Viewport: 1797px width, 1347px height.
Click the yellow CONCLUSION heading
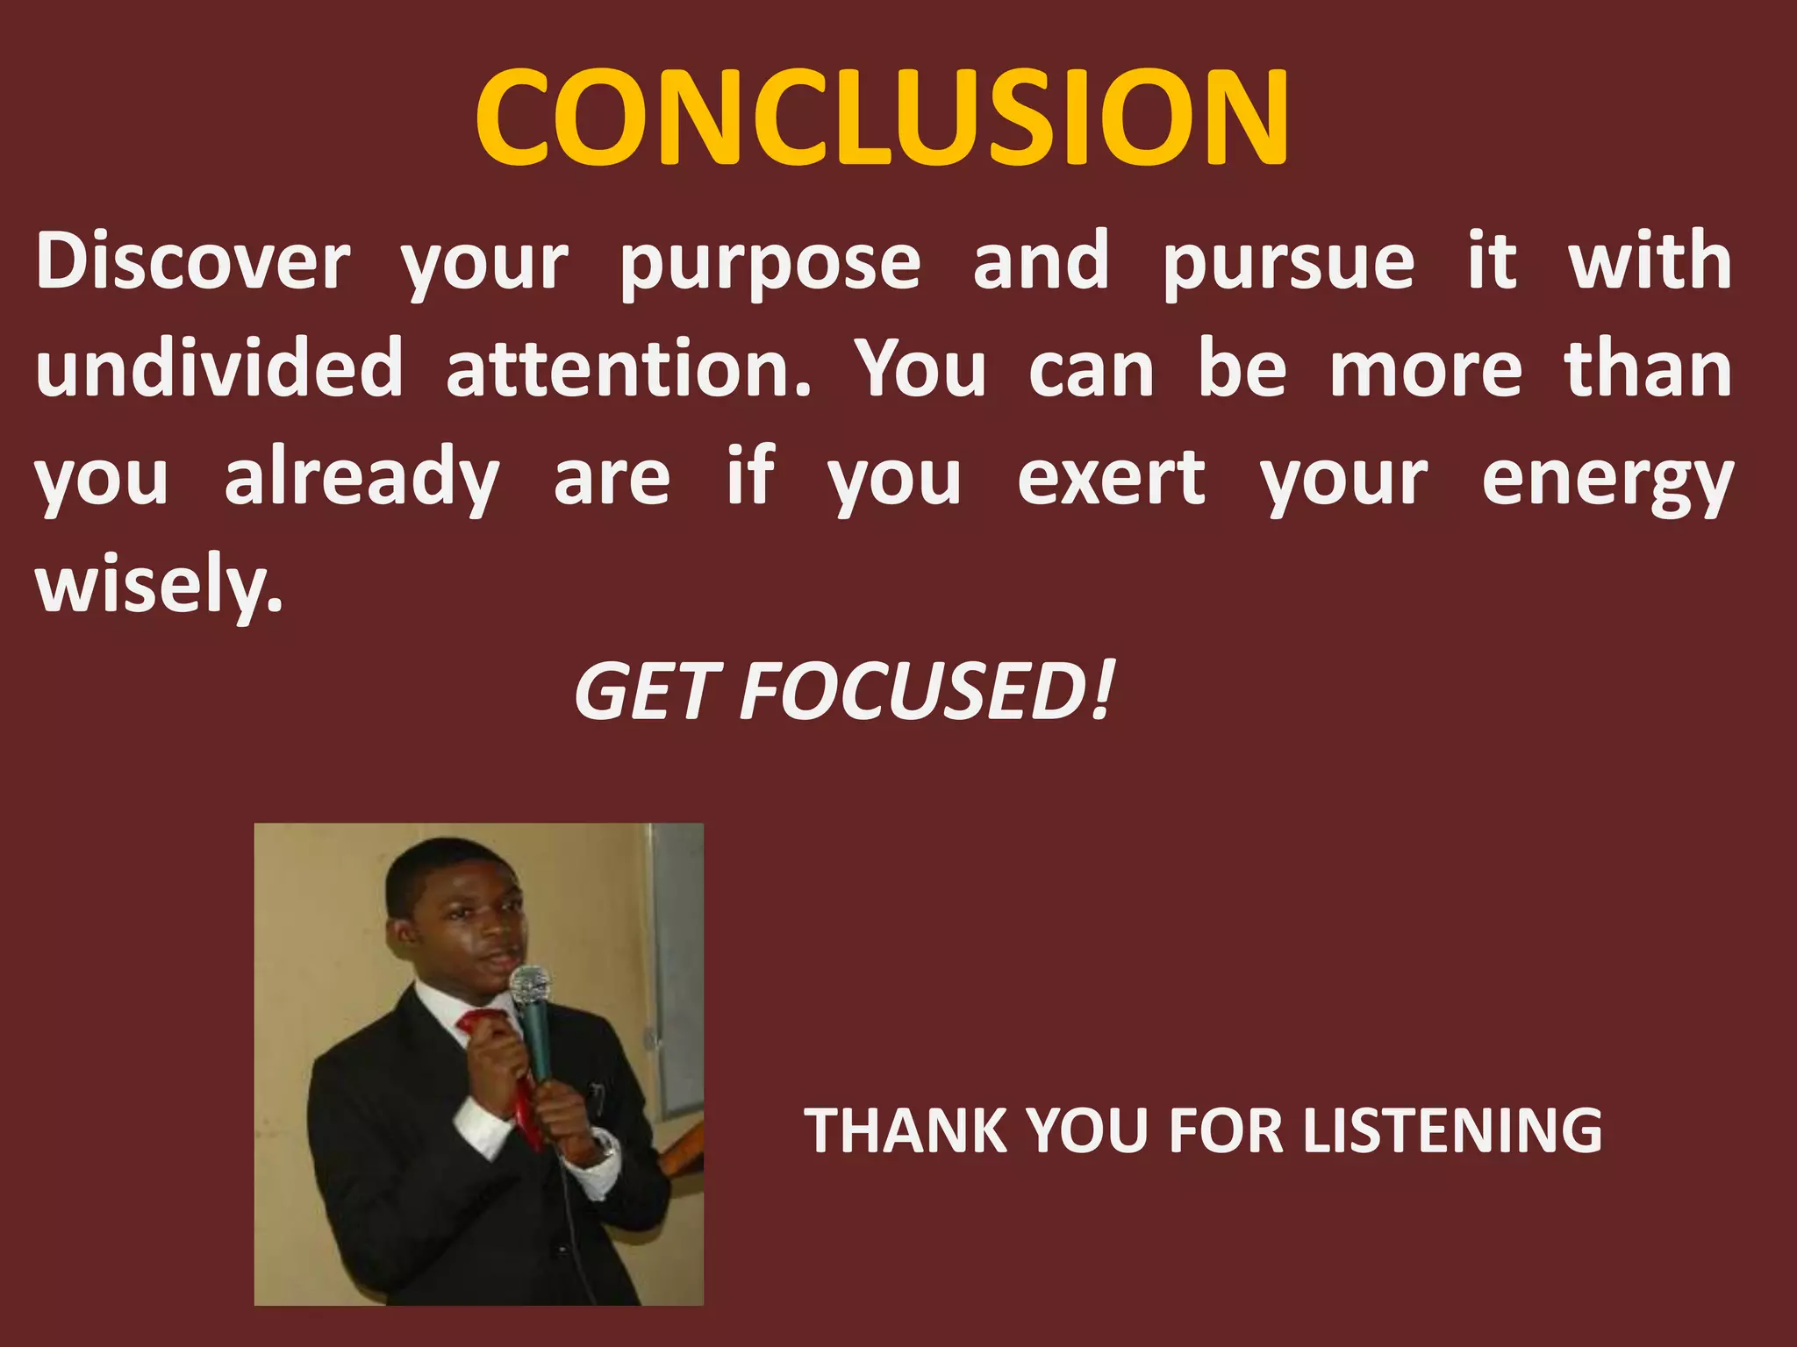click(x=882, y=118)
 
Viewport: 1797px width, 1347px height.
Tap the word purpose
click(x=770, y=263)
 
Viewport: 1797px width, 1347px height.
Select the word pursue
click(x=1288, y=263)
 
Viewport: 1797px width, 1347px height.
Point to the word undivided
click(x=219, y=368)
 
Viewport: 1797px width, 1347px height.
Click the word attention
click(x=628, y=368)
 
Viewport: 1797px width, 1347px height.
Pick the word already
click(x=362, y=478)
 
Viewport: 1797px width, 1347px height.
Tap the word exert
click(x=1111, y=478)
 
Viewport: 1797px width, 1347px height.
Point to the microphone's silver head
click(x=531, y=985)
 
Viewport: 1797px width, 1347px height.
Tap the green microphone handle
click(x=536, y=1044)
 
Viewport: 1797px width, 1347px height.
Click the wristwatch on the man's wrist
click(x=603, y=1144)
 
